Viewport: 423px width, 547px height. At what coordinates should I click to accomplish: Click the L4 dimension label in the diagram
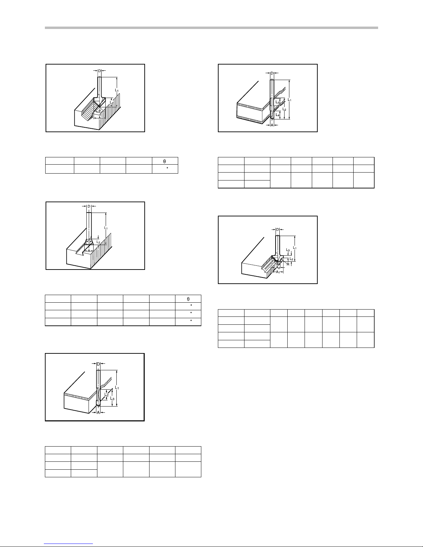pyautogui.click(x=278, y=115)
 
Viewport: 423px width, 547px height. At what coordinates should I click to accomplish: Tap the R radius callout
pyautogui.click(x=288, y=264)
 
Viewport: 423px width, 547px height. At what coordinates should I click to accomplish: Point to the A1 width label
pyautogui.click(x=278, y=272)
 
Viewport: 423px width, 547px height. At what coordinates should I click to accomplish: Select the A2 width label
pyautogui.click(x=278, y=267)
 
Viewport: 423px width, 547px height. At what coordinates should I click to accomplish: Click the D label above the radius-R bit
pyautogui.click(x=278, y=229)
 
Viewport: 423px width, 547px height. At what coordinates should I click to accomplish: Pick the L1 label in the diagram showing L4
pyautogui.click(x=290, y=100)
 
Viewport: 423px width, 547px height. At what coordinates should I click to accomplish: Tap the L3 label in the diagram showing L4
pyautogui.click(x=278, y=102)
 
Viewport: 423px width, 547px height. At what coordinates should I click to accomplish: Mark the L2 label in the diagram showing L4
pyautogui.click(x=284, y=109)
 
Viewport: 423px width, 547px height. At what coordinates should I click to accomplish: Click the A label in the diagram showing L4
pyautogui.click(x=272, y=125)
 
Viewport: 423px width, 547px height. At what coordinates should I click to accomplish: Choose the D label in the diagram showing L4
pyautogui.click(x=272, y=73)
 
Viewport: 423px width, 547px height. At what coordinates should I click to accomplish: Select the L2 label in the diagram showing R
pyautogui.click(x=291, y=259)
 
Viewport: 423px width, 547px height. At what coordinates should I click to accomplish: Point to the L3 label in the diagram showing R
pyautogui.click(x=288, y=250)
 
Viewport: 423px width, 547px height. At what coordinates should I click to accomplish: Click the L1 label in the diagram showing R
pyautogui.click(x=295, y=248)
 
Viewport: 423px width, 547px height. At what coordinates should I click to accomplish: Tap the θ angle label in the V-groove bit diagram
pyautogui.click(x=99, y=111)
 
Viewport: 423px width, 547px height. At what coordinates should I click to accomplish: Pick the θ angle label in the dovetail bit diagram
pyautogui.click(x=89, y=240)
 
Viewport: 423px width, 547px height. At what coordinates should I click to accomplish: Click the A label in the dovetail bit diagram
pyautogui.click(x=89, y=251)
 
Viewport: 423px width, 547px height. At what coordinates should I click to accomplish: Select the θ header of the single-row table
pyautogui.click(x=165, y=162)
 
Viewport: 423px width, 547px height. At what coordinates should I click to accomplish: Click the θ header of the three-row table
pyautogui.click(x=188, y=299)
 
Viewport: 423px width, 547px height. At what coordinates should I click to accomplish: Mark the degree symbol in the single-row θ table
pyautogui.click(x=167, y=167)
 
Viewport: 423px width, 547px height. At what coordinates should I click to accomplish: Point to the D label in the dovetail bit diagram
pyautogui.click(x=89, y=206)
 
